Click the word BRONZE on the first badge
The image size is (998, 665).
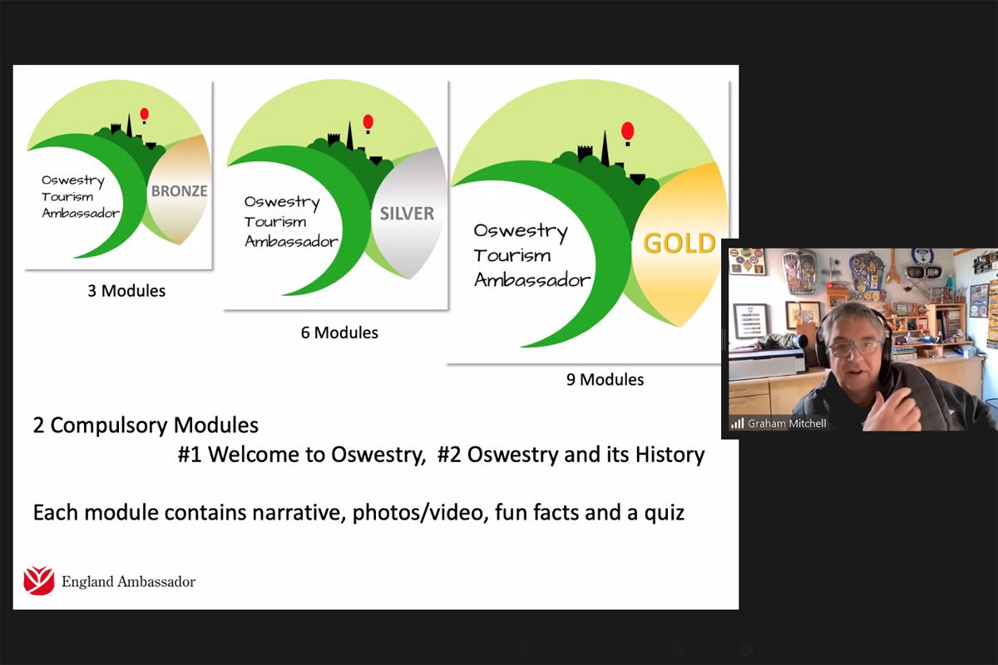click(179, 191)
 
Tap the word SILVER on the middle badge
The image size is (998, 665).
click(407, 214)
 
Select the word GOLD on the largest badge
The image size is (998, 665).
click(679, 244)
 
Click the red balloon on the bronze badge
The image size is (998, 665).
click(145, 115)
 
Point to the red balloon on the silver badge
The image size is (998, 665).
click(368, 123)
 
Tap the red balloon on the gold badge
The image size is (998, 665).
click(627, 133)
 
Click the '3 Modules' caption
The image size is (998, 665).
click(126, 291)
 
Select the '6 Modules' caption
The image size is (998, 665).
click(339, 332)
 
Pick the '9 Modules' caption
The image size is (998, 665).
click(605, 380)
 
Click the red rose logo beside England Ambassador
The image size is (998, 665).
click(39, 580)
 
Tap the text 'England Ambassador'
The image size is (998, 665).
click(128, 582)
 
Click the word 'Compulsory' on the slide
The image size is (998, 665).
click(109, 426)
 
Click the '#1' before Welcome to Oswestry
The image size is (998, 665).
click(190, 455)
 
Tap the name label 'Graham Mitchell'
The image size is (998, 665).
click(787, 424)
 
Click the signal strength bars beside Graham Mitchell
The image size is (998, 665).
click(738, 423)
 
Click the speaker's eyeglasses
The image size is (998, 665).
click(856, 347)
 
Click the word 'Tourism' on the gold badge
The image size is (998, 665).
click(512, 256)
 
